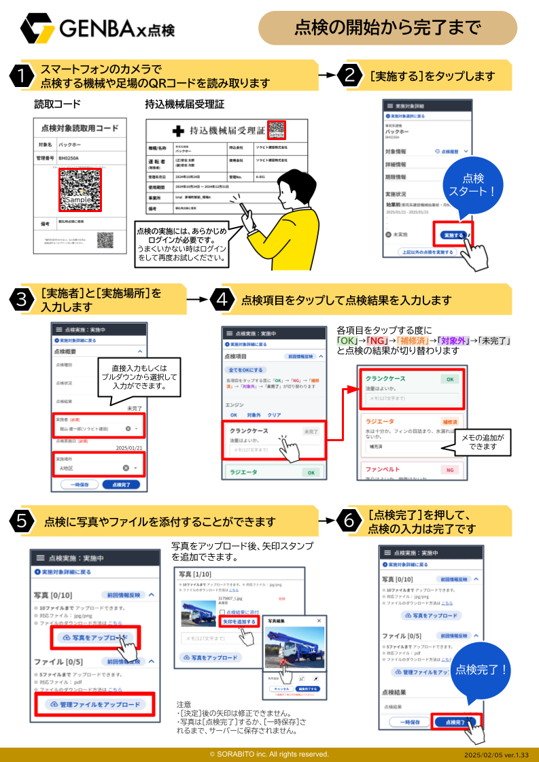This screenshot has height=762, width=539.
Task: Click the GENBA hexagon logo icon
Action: pyautogui.click(x=38, y=28)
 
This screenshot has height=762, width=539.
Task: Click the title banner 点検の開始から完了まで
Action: pyautogui.click(x=387, y=28)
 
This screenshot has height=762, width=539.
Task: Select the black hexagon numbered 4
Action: pyautogui.click(x=222, y=300)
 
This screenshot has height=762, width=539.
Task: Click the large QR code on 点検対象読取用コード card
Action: pyautogui.click(x=80, y=190)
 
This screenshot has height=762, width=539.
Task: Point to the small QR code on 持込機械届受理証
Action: pyautogui.click(x=277, y=130)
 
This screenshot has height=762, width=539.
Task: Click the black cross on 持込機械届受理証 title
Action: pyautogui.click(x=178, y=131)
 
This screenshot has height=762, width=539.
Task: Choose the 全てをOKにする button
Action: pyautogui.click(x=245, y=370)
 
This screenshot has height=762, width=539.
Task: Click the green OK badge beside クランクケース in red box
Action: pyautogui.click(x=449, y=379)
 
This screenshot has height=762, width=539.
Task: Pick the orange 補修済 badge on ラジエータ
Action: pyautogui.click(x=449, y=421)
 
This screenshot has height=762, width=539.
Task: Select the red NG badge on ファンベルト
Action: pyautogui.click(x=449, y=470)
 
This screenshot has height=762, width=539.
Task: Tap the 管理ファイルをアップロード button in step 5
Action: pyautogui.click(x=95, y=704)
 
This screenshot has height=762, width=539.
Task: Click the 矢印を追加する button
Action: pyautogui.click(x=239, y=621)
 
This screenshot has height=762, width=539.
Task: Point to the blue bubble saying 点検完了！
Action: pyautogui.click(x=481, y=670)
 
